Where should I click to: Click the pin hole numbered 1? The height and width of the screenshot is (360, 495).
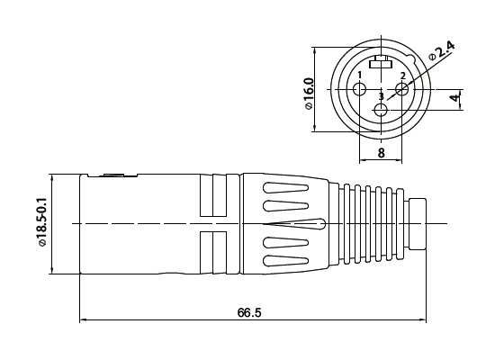360,89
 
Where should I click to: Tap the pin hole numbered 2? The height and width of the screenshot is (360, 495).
401,88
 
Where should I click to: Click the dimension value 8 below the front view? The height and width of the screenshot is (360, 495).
381,153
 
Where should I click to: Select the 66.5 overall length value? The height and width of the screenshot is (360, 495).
249,312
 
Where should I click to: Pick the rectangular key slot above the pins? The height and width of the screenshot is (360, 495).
380,63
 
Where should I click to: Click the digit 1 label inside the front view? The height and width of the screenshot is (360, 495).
360,75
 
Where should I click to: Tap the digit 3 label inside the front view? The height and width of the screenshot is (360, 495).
381,95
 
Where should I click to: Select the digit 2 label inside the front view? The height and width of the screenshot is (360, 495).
402,75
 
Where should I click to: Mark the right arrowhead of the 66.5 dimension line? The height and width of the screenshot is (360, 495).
422,319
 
